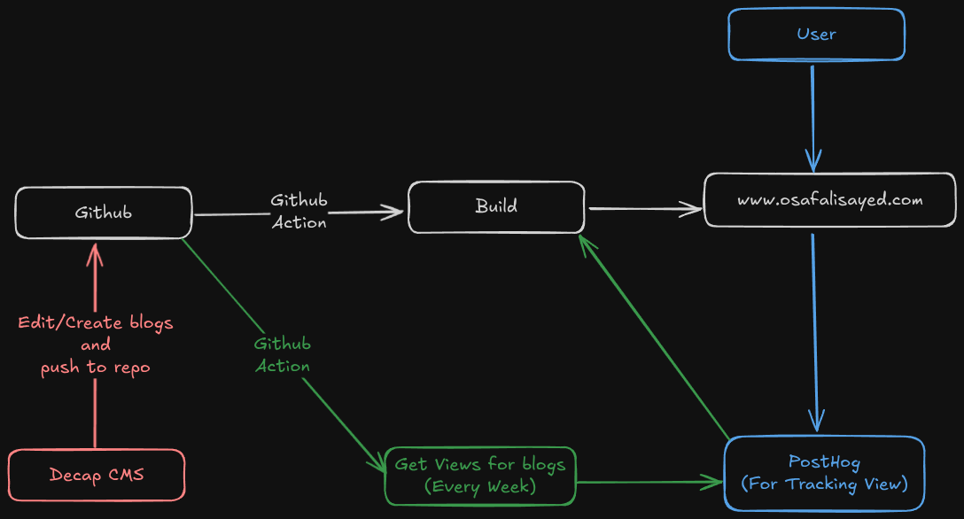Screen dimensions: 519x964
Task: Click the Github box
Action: (x=104, y=213)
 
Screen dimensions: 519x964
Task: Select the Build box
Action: (x=496, y=207)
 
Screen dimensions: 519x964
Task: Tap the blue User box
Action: (x=816, y=35)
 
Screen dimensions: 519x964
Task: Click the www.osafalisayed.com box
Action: (x=830, y=200)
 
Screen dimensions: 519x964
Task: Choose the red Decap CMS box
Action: (x=97, y=476)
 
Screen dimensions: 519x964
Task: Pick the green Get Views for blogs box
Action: (x=479, y=476)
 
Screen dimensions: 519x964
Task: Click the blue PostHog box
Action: (x=824, y=473)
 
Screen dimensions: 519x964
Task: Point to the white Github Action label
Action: (x=299, y=212)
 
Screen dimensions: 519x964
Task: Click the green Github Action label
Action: (x=283, y=355)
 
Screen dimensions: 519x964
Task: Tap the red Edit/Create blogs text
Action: (x=96, y=323)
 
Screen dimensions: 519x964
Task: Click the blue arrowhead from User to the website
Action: (x=813, y=162)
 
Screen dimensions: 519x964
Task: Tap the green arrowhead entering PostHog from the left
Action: (x=714, y=483)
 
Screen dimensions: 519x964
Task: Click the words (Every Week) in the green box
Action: (x=479, y=486)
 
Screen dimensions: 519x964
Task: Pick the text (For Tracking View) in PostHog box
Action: (x=824, y=484)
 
